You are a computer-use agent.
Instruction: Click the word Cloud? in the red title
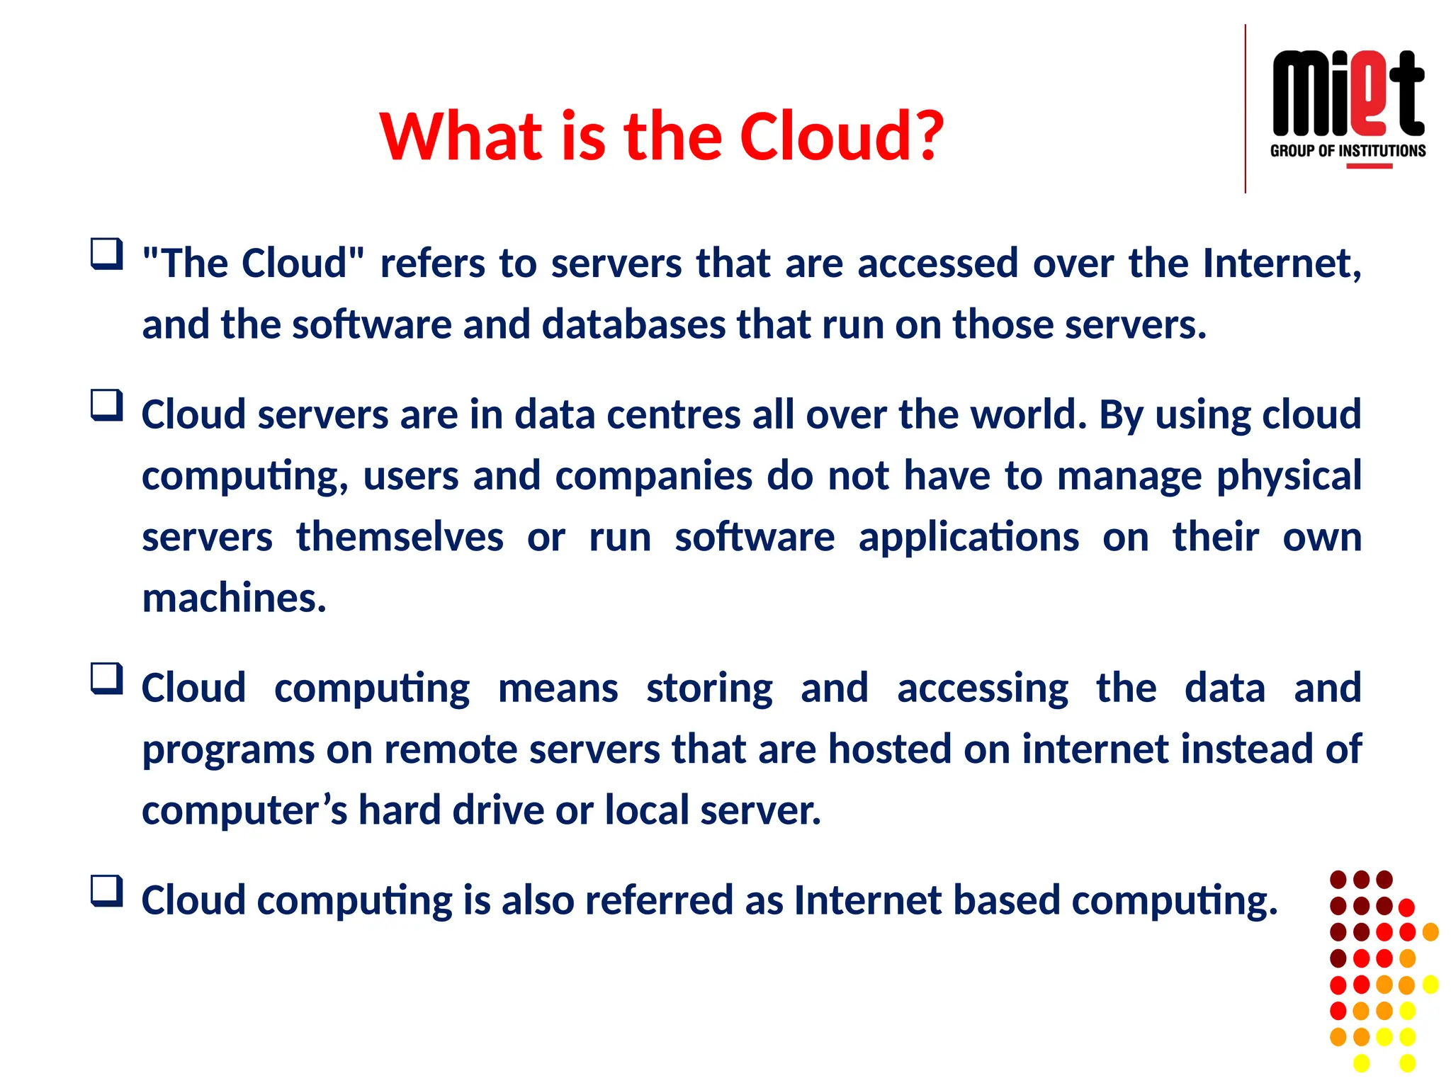(841, 136)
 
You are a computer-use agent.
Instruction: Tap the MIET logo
(1348, 93)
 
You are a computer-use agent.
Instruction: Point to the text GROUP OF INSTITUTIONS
(1348, 151)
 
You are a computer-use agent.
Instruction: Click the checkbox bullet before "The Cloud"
(107, 254)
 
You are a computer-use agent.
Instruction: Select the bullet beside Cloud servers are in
(107, 405)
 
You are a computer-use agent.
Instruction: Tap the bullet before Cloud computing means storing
(107, 679)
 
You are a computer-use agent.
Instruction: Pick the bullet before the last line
(107, 891)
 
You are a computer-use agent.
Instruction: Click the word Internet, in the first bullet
(1282, 263)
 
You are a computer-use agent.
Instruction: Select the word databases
(633, 324)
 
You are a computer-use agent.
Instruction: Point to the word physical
(1289, 476)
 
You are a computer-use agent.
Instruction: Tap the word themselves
(400, 537)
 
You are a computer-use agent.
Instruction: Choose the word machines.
(234, 598)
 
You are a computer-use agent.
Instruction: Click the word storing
(709, 688)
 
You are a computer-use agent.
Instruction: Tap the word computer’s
(244, 810)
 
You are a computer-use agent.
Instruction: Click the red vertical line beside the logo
(1245, 108)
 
